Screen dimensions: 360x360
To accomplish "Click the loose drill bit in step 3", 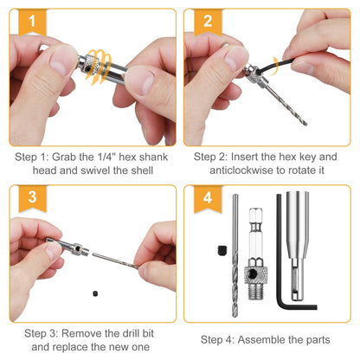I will coord(117,261).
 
